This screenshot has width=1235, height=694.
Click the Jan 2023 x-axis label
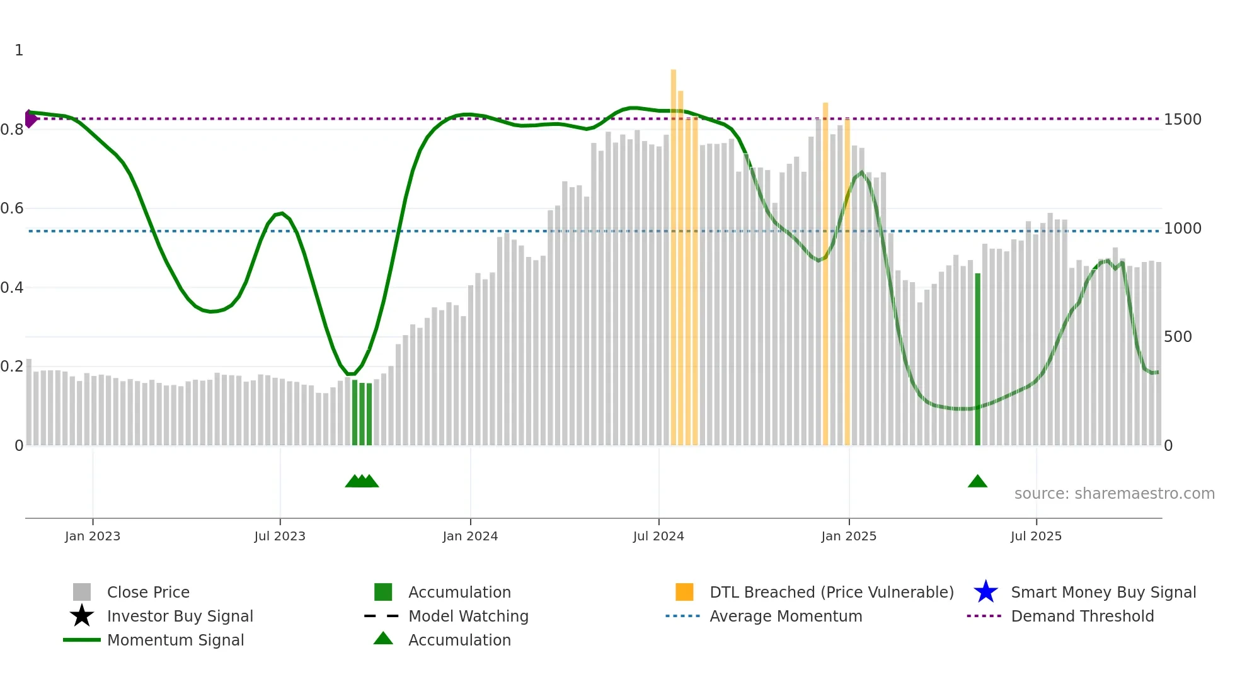[x=93, y=536]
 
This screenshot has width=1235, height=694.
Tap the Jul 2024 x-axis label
[x=658, y=536]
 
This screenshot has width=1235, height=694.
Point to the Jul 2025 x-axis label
[x=1036, y=536]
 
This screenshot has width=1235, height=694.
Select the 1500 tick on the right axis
[x=1183, y=120]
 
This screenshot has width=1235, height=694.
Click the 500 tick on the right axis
[x=1178, y=337]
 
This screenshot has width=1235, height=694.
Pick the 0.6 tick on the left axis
[x=12, y=208]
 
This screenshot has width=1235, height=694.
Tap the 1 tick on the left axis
[x=19, y=50]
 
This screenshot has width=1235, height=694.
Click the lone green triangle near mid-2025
[x=977, y=482]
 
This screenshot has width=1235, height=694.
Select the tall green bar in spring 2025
[x=978, y=359]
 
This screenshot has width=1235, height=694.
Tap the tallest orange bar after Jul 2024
[x=674, y=252]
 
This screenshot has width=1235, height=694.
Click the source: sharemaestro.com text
[x=1114, y=494]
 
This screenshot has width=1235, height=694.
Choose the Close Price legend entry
[x=148, y=593]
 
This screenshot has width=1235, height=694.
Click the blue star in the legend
[x=985, y=592]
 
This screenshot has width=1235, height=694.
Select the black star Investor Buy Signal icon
[x=82, y=616]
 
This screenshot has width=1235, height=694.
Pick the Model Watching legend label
[x=468, y=617]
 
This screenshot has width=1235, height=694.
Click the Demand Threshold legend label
[x=1082, y=617]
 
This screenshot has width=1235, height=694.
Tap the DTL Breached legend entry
[x=831, y=593]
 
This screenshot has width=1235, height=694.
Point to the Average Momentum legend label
[x=786, y=617]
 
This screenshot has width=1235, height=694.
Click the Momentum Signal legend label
[x=175, y=640]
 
